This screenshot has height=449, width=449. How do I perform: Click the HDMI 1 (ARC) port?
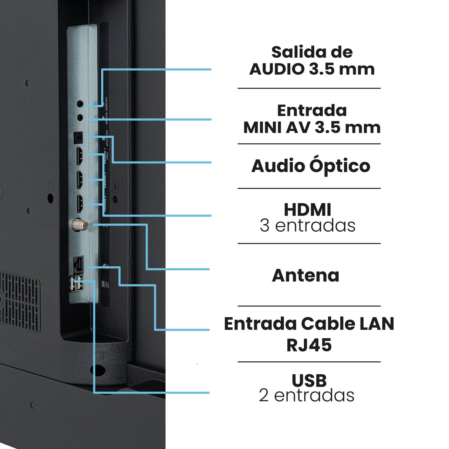tap(80, 156)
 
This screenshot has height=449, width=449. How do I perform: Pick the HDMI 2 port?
tap(80, 180)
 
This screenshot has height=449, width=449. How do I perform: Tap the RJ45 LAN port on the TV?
tap(78, 264)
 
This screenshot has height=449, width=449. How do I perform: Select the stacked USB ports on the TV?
tap(76, 283)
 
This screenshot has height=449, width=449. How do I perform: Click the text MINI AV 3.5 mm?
tap(312, 128)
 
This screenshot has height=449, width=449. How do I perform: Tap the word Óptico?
tap(340, 166)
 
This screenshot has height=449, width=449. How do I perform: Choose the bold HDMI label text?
tap(307, 210)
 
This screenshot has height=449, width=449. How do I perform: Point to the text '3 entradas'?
tap(307, 226)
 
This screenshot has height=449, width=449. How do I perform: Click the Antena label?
tap(305, 276)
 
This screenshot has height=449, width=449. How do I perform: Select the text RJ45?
tap(309, 345)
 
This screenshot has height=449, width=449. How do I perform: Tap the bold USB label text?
tap(309, 381)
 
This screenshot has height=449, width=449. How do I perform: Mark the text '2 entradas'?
tap(307, 395)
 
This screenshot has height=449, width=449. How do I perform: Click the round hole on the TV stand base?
tap(98, 369)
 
